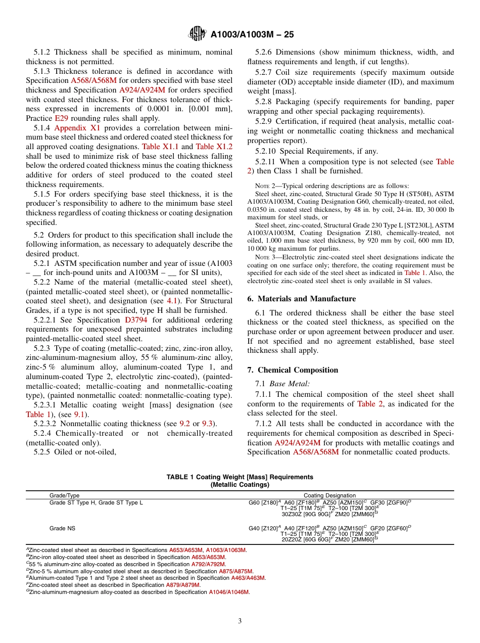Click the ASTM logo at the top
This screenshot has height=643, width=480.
pos(197,34)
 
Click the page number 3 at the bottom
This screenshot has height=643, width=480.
pos(240,621)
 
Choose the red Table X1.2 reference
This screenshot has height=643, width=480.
pos(214,147)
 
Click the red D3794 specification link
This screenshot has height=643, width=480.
pos(136,320)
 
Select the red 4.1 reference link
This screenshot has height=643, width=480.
pos(172,301)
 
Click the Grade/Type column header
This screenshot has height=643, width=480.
pos(64,495)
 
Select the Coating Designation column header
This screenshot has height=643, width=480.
pos(329,495)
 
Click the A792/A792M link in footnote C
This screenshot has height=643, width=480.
pos(208,564)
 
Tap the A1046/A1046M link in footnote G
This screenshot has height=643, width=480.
pos(229,592)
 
